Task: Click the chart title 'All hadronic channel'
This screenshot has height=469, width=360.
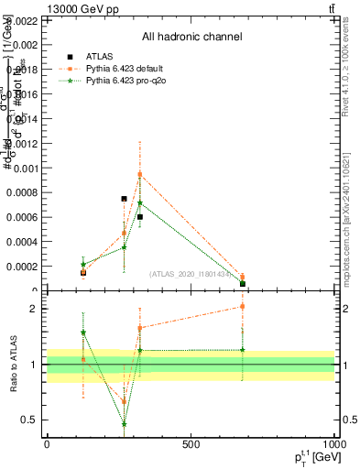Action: tap(191, 38)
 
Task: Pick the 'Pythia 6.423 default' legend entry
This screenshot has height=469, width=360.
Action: tap(125, 68)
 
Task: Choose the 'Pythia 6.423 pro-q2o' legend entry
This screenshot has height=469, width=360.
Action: tap(125, 81)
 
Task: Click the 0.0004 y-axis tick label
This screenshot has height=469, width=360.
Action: tap(22, 242)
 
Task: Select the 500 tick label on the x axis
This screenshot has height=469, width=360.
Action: tap(191, 444)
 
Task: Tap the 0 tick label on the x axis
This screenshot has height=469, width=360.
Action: tap(47, 444)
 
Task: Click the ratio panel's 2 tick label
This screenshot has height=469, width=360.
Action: tap(32, 309)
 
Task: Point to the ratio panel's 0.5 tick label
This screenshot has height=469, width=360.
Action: tap(28, 420)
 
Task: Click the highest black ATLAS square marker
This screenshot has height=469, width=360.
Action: tap(124, 199)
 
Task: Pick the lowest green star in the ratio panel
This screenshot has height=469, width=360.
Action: tap(124, 423)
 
